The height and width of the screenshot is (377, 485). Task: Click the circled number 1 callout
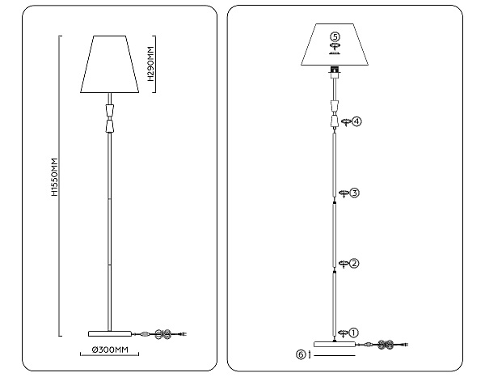pyautogui.click(x=354, y=332)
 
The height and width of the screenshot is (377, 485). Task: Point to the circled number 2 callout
pyautogui.click(x=354, y=263)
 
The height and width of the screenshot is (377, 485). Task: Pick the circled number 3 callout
pyautogui.click(x=354, y=193)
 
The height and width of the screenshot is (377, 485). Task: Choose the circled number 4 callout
pyautogui.click(x=356, y=121)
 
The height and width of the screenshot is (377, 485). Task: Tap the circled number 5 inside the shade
pyautogui.click(x=335, y=36)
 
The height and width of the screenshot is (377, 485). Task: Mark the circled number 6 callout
pyautogui.click(x=301, y=354)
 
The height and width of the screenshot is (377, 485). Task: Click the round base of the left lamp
pyautogui.click(x=109, y=333)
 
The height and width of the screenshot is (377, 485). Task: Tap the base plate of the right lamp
pyautogui.click(x=334, y=345)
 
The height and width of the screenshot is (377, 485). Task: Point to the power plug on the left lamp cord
pyautogui.click(x=183, y=333)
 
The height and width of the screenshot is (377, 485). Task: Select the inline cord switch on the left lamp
pyautogui.click(x=144, y=333)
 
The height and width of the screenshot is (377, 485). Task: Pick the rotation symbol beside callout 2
pyautogui.click(x=343, y=263)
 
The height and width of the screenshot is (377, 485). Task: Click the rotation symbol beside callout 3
pyautogui.click(x=343, y=193)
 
